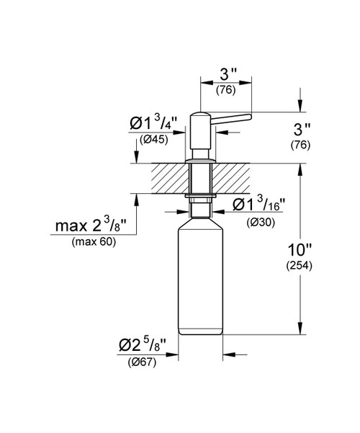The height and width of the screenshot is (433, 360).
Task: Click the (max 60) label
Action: pyautogui.click(x=94, y=241)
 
